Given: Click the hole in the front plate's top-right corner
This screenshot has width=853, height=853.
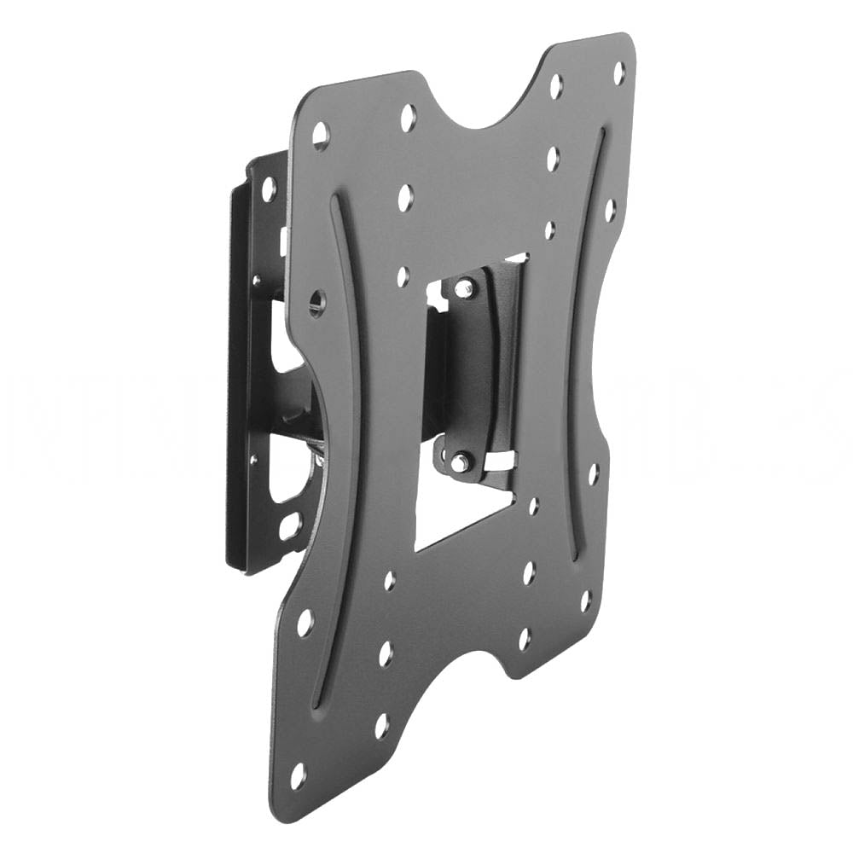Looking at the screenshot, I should point(619,73).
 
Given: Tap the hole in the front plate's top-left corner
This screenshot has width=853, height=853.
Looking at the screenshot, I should point(321,135).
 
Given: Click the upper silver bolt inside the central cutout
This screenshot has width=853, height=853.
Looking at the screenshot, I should point(463,288).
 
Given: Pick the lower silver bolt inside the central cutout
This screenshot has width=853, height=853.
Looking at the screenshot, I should point(459,461).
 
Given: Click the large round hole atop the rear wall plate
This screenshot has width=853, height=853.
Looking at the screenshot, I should point(268,189).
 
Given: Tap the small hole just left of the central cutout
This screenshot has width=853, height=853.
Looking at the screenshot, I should point(403,276).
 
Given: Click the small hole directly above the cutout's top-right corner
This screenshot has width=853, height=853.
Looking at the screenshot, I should point(550,229).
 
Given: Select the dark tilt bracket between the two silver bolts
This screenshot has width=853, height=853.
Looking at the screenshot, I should point(478,367).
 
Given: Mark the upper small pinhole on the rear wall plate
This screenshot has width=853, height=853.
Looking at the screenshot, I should point(255,278).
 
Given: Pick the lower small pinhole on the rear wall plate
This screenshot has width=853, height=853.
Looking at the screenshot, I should point(252,460).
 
